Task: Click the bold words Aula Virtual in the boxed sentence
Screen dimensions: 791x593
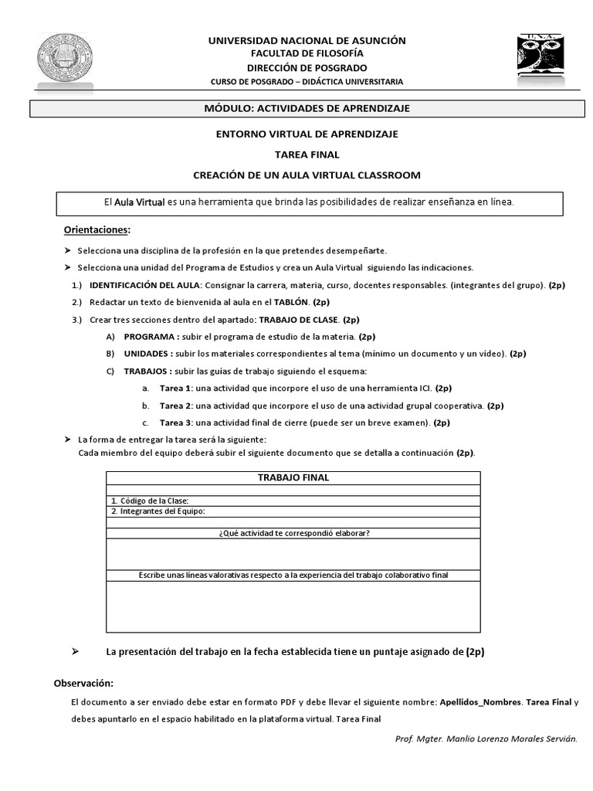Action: click(140, 202)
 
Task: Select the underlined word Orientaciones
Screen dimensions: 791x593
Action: click(96, 230)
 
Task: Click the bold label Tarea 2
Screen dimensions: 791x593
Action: click(176, 406)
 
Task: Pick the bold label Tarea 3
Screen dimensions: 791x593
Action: click(176, 423)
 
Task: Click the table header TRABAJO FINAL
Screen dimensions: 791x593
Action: click(293, 478)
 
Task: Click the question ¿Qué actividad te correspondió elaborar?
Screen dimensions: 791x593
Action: click(293, 533)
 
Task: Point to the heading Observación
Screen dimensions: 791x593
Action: click(83, 684)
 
